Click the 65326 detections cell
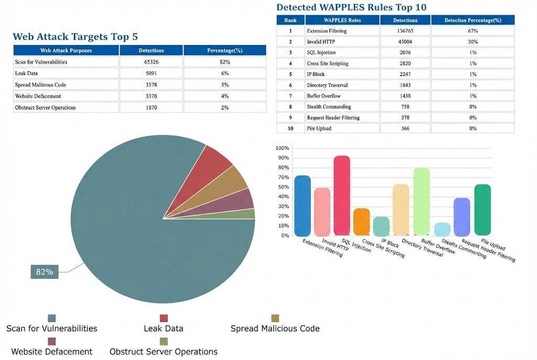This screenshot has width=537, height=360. pyautogui.click(x=151, y=62)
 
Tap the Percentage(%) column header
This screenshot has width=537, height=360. pyautogui.click(x=224, y=50)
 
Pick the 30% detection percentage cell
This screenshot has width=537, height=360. pyautogui.click(x=472, y=42)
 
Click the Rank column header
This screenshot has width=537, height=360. pyautogui.click(x=291, y=20)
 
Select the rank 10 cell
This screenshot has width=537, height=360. pyautogui.click(x=291, y=128)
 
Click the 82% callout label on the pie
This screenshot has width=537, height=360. pyautogui.click(x=45, y=271)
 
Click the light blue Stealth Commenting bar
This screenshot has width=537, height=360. pyautogui.click(x=442, y=229)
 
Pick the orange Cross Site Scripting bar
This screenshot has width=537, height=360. pyautogui.click(x=361, y=222)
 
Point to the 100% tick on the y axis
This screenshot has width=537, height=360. pyautogui.click(x=283, y=148)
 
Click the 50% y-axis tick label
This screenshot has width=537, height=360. pyautogui.click(x=283, y=187)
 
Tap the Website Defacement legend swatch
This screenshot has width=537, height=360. pyautogui.click(x=51, y=341)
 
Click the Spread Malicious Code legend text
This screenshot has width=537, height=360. pyautogui.click(x=275, y=329)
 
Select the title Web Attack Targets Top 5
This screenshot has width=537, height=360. pyautogui.click(x=76, y=37)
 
